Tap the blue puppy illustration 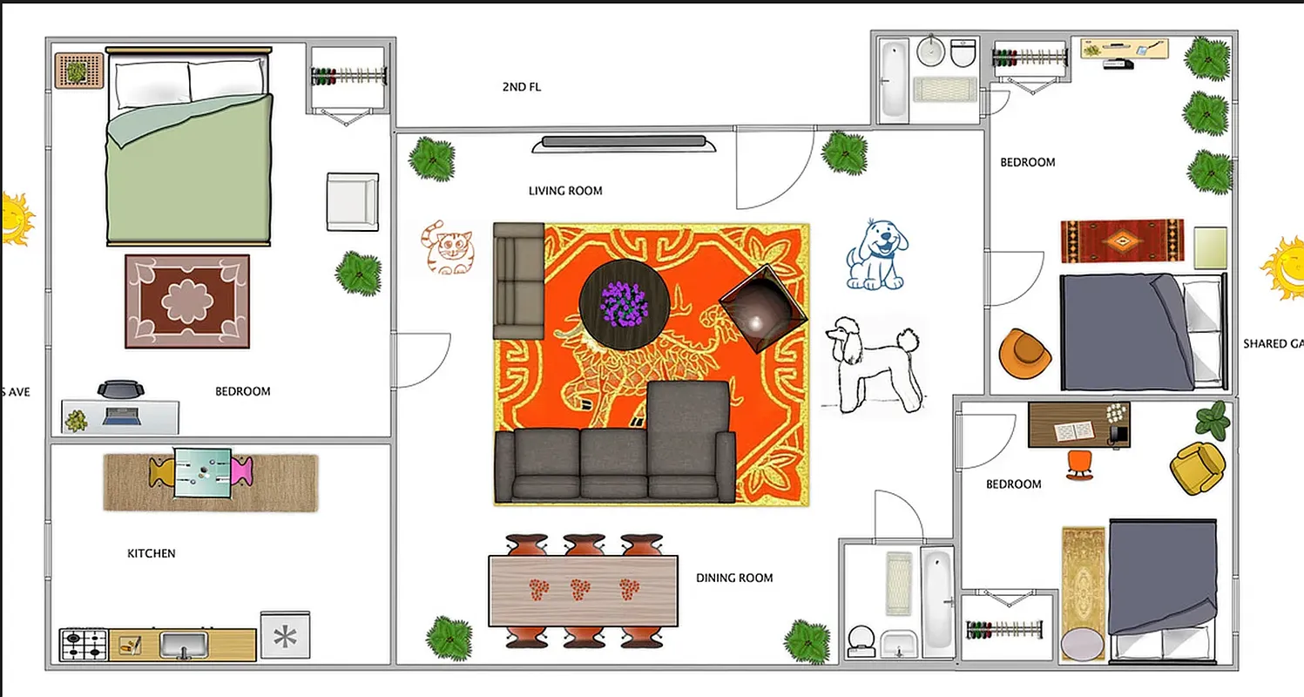tap(876, 254)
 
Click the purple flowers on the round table tap(625, 302)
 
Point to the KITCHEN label tap(152, 553)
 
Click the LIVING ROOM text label tap(565, 191)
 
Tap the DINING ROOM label tap(734, 578)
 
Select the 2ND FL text tap(522, 87)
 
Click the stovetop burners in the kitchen tap(84, 646)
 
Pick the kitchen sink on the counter tap(183, 645)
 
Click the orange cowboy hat tap(1025, 354)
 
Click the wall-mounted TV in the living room tap(624, 141)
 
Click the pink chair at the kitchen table tap(242, 471)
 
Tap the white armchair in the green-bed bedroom tap(352, 201)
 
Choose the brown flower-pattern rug tap(187, 301)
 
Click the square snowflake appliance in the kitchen tap(285, 635)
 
